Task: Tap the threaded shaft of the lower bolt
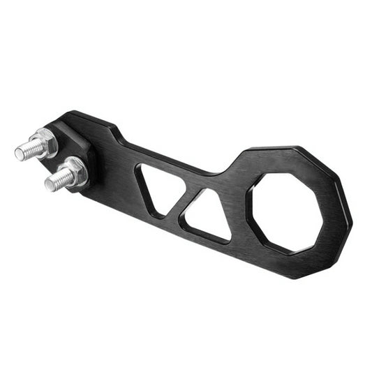click(60, 180)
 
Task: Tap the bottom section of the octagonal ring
click(297, 267)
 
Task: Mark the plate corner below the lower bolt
click(87, 190)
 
